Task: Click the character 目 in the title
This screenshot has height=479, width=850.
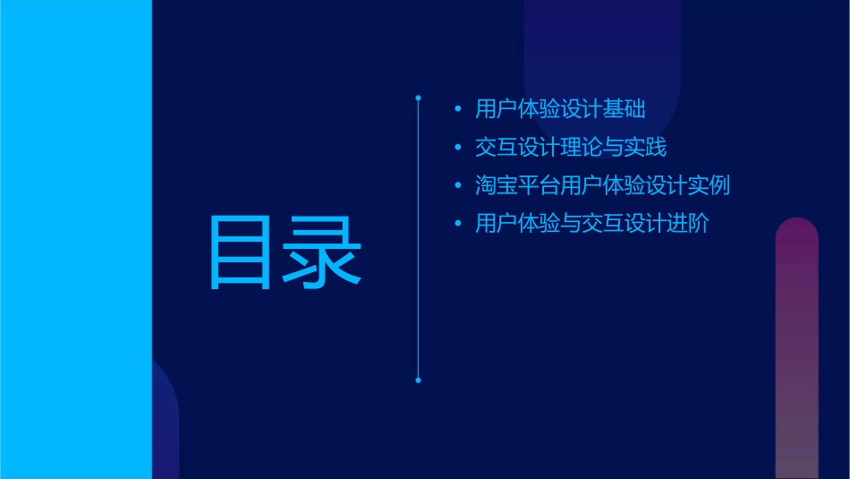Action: click(x=240, y=252)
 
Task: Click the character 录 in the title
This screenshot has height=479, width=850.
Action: click(x=323, y=252)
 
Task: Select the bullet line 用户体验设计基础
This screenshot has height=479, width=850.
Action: click(x=560, y=109)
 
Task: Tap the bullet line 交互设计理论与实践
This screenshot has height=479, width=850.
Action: click(x=571, y=148)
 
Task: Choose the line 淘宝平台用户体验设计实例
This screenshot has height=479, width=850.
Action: click(x=603, y=186)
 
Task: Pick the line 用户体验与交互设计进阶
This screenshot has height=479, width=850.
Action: click(x=592, y=224)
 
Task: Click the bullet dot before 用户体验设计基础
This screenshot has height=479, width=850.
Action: click(x=458, y=110)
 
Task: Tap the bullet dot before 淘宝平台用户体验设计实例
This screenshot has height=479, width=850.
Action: click(x=458, y=186)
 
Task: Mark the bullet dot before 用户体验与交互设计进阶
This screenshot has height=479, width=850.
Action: click(x=458, y=225)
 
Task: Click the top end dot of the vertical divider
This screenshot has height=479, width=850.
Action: click(x=418, y=95)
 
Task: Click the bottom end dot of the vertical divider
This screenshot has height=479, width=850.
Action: click(x=418, y=381)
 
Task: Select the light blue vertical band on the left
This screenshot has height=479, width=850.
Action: click(x=75, y=239)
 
